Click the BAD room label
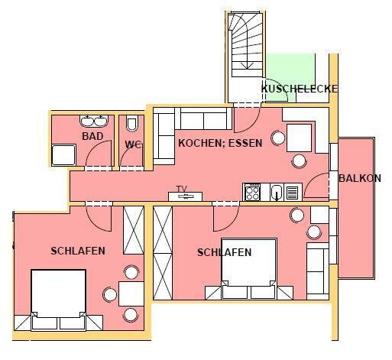click(x=92, y=136)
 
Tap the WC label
click(x=133, y=144)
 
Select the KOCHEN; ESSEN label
click(x=220, y=143)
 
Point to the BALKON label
click(x=360, y=178)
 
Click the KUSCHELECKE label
click(x=300, y=89)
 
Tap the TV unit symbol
click(x=186, y=196)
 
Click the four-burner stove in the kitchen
click(x=252, y=192)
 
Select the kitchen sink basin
click(x=277, y=192)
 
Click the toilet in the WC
click(x=132, y=123)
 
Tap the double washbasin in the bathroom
click(x=94, y=121)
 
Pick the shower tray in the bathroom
click(x=63, y=155)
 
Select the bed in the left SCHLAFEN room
click(x=58, y=300)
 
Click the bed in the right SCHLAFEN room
click(x=249, y=268)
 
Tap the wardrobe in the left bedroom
click(x=134, y=230)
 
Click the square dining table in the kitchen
click(x=300, y=138)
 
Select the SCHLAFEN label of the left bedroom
click(x=78, y=251)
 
